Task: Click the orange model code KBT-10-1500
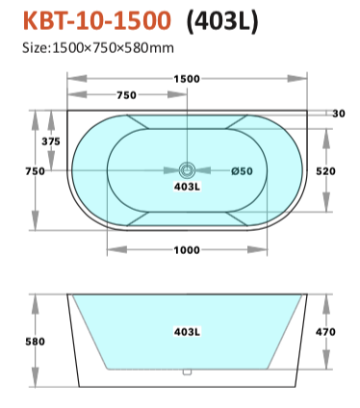[97, 20]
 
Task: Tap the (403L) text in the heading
[222, 21]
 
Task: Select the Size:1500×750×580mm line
[98, 48]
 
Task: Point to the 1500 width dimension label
[187, 79]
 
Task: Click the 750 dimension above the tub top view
[126, 95]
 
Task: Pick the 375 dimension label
[51, 141]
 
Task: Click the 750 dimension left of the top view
[36, 171]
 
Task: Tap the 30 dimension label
[339, 114]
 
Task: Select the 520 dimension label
[325, 171]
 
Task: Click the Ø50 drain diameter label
[242, 171]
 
